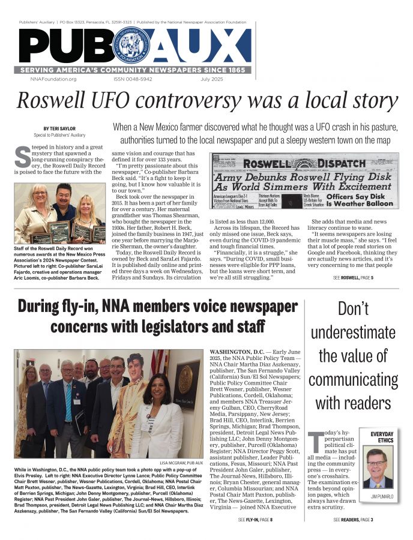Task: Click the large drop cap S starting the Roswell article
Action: [22, 158]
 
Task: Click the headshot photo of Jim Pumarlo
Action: [378, 467]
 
